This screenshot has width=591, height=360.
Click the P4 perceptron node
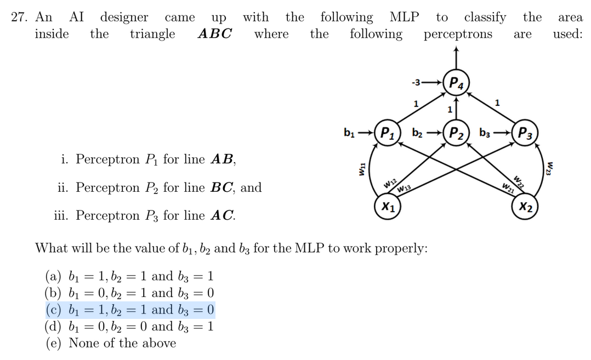456,84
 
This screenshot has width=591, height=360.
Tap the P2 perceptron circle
456,133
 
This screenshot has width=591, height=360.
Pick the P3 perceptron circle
525,133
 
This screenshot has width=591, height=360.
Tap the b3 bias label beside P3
486,133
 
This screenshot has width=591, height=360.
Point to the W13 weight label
404,189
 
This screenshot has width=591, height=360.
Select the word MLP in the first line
404,18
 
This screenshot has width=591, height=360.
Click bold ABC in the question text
214,34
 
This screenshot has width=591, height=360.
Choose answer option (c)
129,310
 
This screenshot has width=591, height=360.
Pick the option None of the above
122,344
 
